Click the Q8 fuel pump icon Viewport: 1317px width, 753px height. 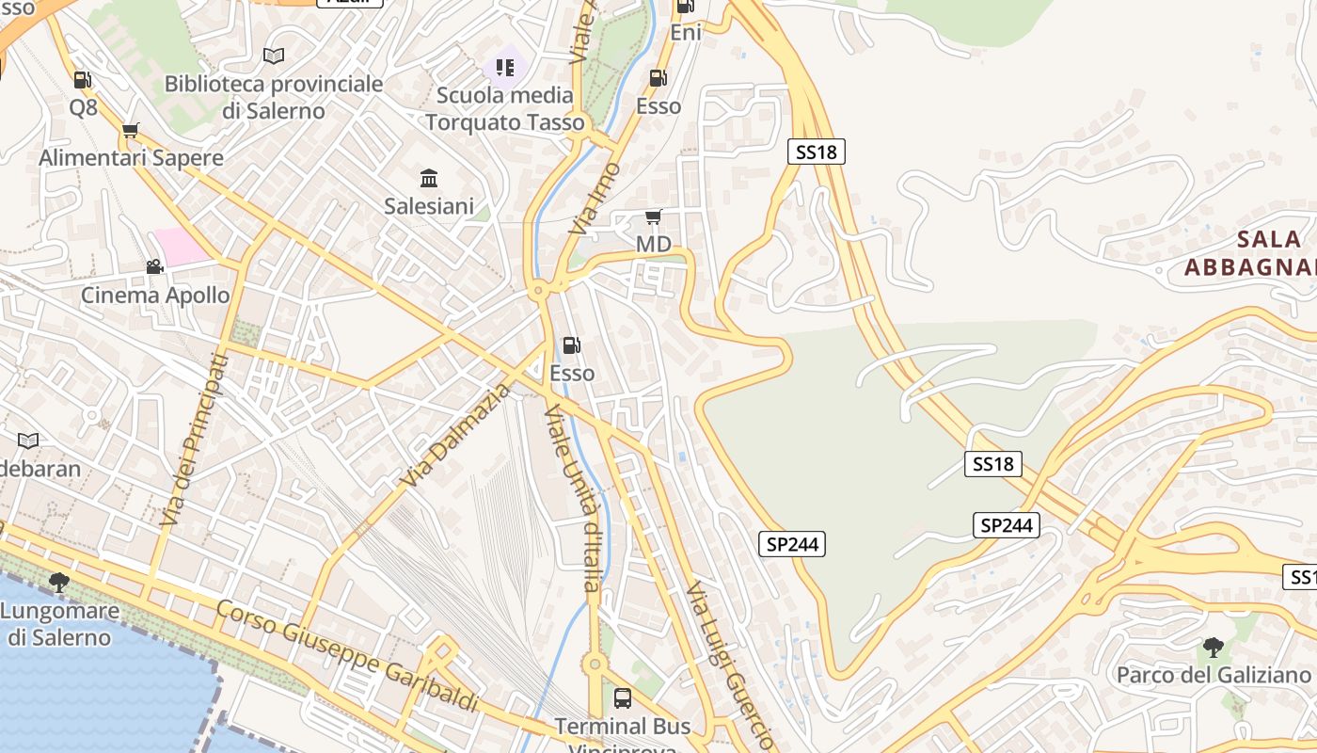pyautogui.click(x=83, y=80)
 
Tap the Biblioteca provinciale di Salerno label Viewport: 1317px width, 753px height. pyautogui.click(x=274, y=97)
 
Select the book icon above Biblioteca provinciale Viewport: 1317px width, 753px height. pyautogui.click(x=274, y=56)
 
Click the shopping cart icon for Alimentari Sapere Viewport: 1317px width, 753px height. pyautogui.click(x=131, y=130)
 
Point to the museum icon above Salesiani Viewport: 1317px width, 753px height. pyautogui.click(x=429, y=178)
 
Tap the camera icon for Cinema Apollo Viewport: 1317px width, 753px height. pyautogui.click(x=154, y=267)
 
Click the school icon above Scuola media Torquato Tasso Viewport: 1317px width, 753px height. pyautogui.click(x=505, y=68)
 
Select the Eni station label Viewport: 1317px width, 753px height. pyautogui.click(x=686, y=33)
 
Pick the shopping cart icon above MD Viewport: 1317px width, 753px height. pyautogui.click(x=654, y=217)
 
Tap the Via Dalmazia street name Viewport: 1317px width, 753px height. pyautogui.click(x=453, y=435)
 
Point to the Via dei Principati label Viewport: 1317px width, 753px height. pyautogui.click(x=194, y=440)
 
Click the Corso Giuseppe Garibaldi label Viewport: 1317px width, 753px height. pyautogui.click(x=347, y=656)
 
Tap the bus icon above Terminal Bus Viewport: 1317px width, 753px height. pyautogui.click(x=622, y=697)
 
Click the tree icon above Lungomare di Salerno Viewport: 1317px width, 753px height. pyautogui.click(x=59, y=583)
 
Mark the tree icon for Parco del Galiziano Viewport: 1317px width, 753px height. pyautogui.click(x=1213, y=648)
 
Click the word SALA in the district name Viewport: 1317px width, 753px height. pyautogui.click(x=1269, y=239)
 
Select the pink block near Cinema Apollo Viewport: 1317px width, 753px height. pyautogui.click(x=181, y=247)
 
